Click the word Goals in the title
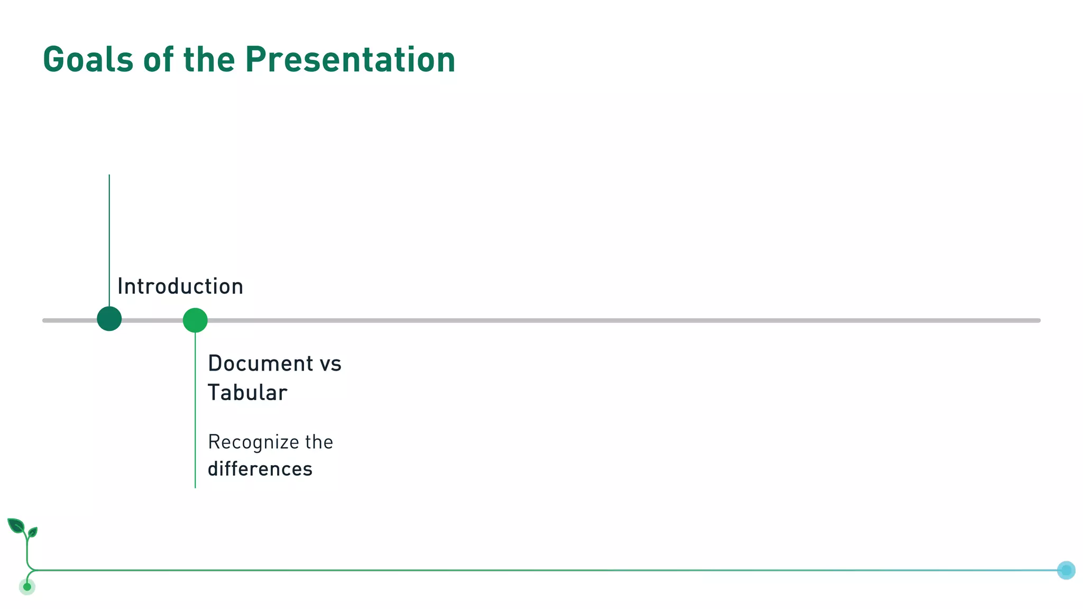coord(88,59)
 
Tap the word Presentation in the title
coord(350,59)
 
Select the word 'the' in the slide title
coord(209,59)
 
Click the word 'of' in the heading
coord(158,59)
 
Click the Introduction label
coord(180,287)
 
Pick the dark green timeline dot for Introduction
coord(109,319)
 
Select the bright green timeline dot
coord(195,320)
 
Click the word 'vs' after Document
coord(331,364)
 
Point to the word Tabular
coord(247,393)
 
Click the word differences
coord(260,469)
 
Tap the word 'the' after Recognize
coord(319,442)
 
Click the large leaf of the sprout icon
coord(16,525)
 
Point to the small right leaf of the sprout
coord(33,531)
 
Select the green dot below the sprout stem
coord(27,587)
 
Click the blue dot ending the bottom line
coord(1066,570)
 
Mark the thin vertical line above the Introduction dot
coord(109,238)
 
